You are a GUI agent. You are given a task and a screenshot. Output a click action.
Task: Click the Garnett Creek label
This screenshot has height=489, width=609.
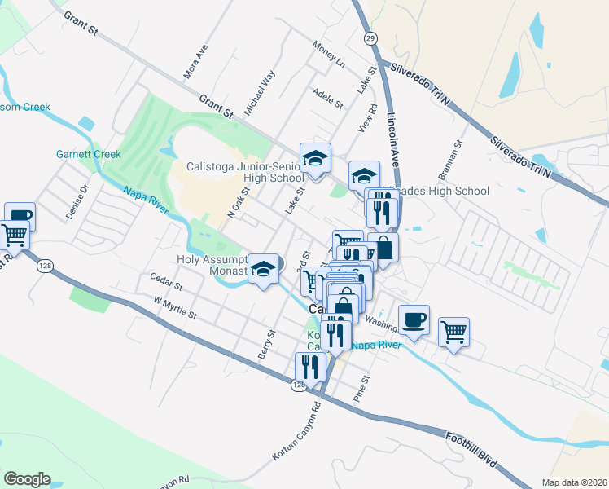88,154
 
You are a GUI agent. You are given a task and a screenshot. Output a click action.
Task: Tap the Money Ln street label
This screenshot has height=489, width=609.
330,56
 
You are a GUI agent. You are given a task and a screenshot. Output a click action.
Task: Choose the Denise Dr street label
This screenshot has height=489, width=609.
76,201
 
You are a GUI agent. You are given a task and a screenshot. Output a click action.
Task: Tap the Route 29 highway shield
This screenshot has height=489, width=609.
370,38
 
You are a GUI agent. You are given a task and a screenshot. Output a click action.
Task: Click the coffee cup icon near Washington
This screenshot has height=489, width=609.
414,319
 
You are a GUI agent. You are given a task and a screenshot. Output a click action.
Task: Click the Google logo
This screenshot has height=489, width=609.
27,478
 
